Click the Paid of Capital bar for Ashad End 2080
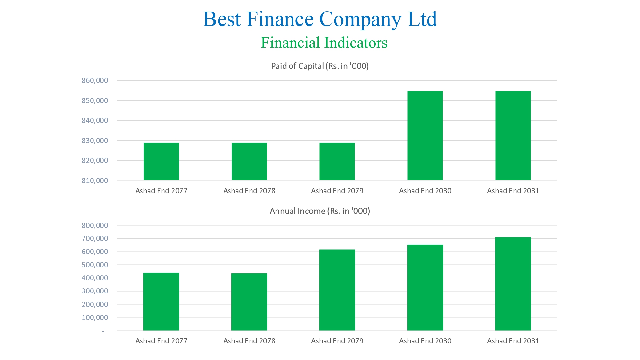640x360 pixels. tap(425, 135)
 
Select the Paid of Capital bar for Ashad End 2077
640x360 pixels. tap(161, 161)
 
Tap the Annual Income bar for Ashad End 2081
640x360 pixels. tap(513, 284)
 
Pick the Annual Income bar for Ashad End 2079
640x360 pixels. tap(337, 290)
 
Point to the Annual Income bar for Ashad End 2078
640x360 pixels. tap(249, 302)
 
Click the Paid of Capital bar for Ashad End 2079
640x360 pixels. tap(337, 161)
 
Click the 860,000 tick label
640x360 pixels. tap(95, 81)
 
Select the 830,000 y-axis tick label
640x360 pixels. tap(95, 140)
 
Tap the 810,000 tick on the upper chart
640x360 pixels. tap(95, 180)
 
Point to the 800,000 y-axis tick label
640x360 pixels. tap(95, 225)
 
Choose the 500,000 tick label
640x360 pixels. tap(95, 265)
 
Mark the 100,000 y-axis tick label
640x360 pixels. tap(95, 317)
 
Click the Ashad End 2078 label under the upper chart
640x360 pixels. tap(249, 191)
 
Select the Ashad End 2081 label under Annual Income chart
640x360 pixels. tap(513, 341)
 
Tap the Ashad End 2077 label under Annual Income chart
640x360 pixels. tap(161, 341)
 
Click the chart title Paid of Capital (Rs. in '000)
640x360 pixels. tap(320, 66)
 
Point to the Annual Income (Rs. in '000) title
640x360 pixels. tap(320, 211)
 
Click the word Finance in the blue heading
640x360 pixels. tap(280, 19)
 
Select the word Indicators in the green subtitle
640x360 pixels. tap(356, 43)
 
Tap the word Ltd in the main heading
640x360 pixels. tap(422, 19)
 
